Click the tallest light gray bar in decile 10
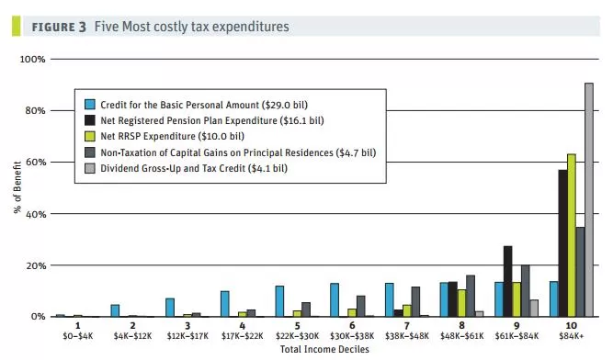pyautogui.click(x=589, y=199)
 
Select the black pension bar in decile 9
pyautogui.click(x=508, y=281)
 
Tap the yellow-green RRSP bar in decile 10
pyautogui.click(x=572, y=235)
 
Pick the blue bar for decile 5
pyautogui.click(x=279, y=301)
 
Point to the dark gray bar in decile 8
pyautogui.click(x=471, y=296)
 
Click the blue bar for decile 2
pyautogui.click(x=115, y=310)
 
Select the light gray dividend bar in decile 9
pyautogui.click(x=534, y=308)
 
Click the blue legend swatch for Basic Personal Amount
pyautogui.click(x=90, y=105)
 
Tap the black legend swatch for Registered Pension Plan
pyautogui.click(x=90, y=120)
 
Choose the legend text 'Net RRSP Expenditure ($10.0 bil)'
pyautogui.click(x=173, y=136)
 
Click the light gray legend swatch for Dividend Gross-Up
pyautogui.click(x=90, y=168)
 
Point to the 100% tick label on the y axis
pyautogui.click(x=33, y=60)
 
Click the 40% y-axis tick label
pyautogui.click(x=36, y=214)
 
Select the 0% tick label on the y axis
pyautogui.click(x=38, y=317)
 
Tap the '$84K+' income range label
pyautogui.click(x=571, y=336)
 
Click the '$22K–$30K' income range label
pyautogui.click(x=297, y=336)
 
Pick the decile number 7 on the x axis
pyautogui.click(x=407, y=326)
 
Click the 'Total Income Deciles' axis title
pyautogui.click(x=324, y=349)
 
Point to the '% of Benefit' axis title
pyautogui.click(x=17, y=187)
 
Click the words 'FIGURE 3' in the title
pyautogui.click(x=59, y=27)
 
